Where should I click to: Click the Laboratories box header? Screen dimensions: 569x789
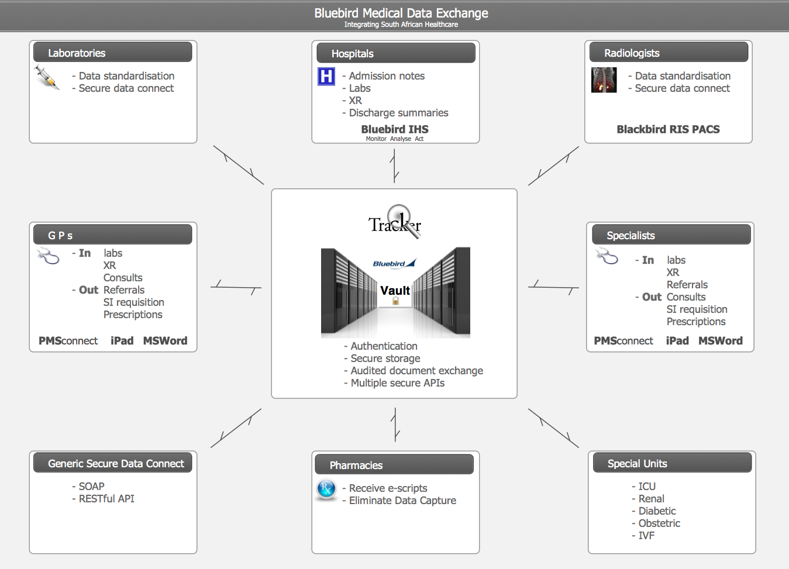(112, 53)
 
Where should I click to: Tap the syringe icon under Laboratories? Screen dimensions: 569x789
(46, 77)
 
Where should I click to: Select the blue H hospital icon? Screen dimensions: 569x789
(326, 77)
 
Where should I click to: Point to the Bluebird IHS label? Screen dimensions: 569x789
(395, 129)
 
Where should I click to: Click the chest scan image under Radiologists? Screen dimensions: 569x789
(604, 80)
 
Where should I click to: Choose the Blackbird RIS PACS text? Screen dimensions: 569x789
(668, 129)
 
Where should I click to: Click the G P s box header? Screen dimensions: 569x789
(112, 235)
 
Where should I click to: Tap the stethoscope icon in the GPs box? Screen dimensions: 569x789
(48, 256)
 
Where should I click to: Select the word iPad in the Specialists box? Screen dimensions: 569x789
(677, 341)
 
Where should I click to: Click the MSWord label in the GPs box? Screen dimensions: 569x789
(165, 341)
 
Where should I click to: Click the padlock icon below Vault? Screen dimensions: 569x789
(395, 301)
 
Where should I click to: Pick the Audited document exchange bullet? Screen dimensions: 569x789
(416, 371)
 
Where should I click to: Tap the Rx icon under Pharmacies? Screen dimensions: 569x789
(326, 489)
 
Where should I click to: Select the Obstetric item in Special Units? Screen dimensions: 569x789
(659, 523)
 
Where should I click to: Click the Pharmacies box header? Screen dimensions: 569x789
(394, 465)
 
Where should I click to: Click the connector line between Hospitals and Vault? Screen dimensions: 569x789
(395, 165)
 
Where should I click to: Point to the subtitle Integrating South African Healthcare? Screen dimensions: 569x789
(401, 25)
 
